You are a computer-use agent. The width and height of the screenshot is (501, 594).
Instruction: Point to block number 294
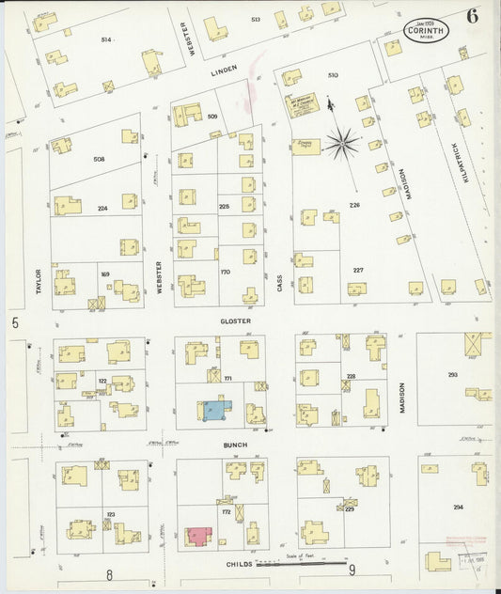click(458, 508)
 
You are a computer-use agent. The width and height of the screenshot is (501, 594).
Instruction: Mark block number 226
click(354, 204)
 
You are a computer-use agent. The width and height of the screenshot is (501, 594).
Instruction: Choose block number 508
click(99, 159)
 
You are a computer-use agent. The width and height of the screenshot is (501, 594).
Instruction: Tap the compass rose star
click(340, 142)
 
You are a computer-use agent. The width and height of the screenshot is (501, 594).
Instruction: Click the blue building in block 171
click(213, 410)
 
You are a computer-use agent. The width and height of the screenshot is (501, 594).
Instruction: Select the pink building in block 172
click(199, 536)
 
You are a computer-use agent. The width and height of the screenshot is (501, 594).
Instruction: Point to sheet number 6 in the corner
click(470, 16)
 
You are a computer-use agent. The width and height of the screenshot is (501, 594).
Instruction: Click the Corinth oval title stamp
click(426, 31)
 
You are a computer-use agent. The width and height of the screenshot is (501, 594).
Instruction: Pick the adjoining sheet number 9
click(352, 570)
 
